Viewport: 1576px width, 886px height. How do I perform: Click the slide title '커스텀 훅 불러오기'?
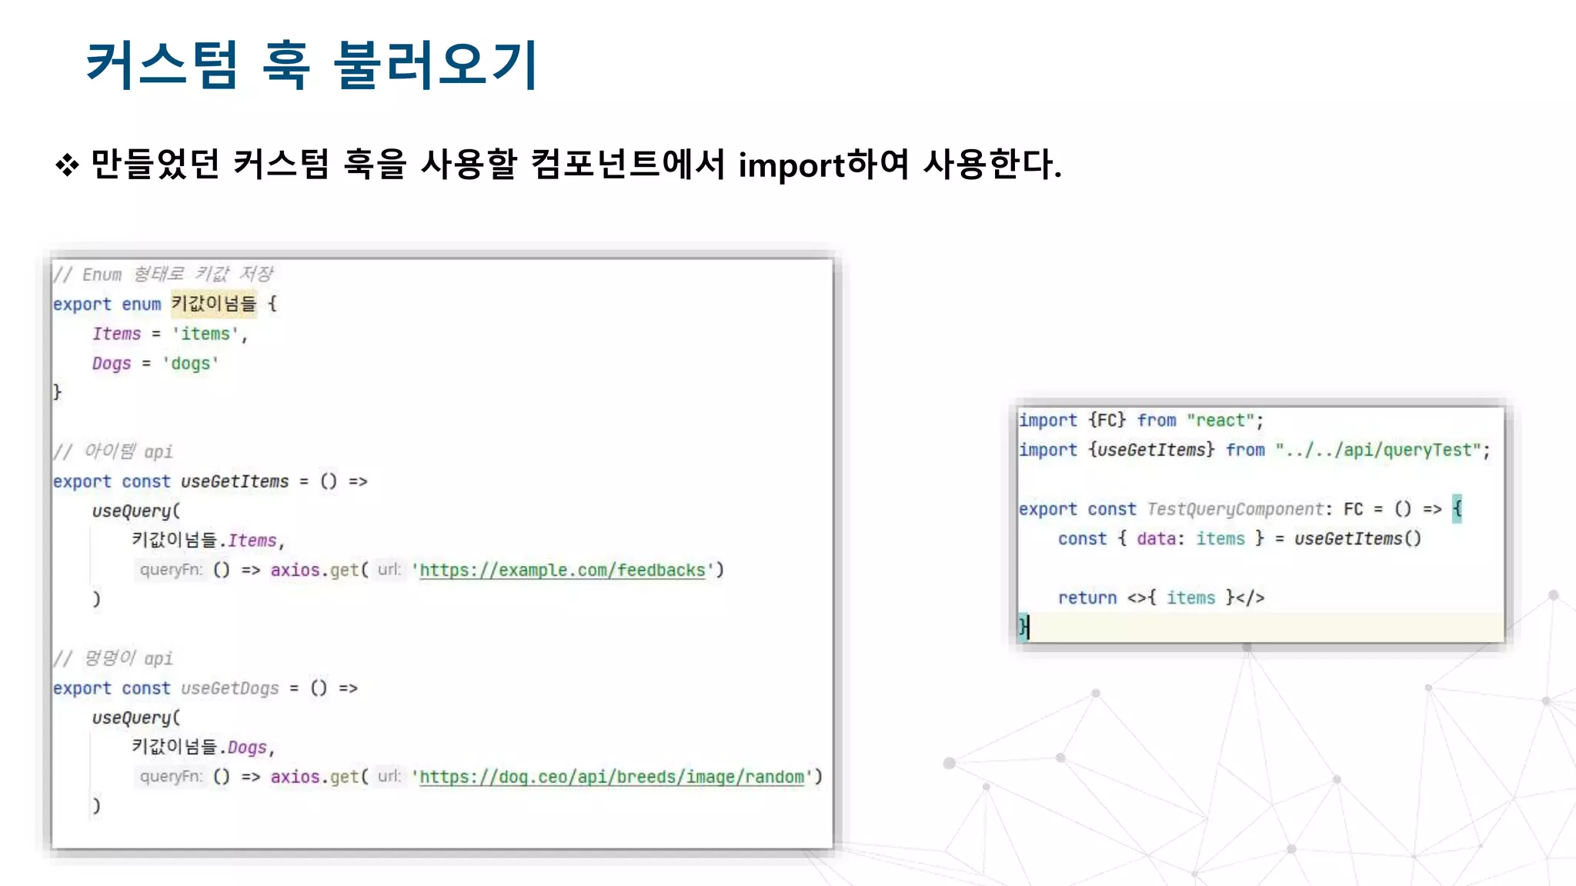click(x=312, y=65)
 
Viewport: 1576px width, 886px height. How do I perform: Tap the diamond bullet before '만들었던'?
click(x=67, y=165)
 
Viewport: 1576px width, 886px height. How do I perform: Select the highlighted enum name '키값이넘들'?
click(x=213, y=304)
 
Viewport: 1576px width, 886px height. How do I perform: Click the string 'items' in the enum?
click(x=205, y=334)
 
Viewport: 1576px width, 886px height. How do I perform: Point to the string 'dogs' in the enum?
click(x=190, y=364)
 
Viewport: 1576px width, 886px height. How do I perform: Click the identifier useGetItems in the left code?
click(x=235, y=481)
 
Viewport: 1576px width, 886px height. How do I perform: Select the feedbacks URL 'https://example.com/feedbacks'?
click(x=562, y=570)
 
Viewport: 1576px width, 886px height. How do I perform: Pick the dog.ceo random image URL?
click(x=612, y=777)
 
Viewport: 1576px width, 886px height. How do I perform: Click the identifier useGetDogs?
click(x=230, y=688)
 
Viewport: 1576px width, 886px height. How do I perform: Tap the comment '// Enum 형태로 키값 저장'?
click(x=163, y=275)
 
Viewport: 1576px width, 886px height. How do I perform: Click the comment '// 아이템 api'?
click(x=113, y=451)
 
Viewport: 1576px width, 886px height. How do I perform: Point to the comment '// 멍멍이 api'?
click(x=113, y=658)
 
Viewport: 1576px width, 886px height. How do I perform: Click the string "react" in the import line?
click(x=1220, y=421)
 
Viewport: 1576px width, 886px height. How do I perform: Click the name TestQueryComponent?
click(x=1234, y=509)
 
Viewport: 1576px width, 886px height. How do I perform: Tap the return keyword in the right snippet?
click(x=1087, y=598)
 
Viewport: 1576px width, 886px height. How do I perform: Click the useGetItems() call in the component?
click(x=1357, y=539)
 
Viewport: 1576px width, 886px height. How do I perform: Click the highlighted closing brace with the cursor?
click(x=1023, y=627)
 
